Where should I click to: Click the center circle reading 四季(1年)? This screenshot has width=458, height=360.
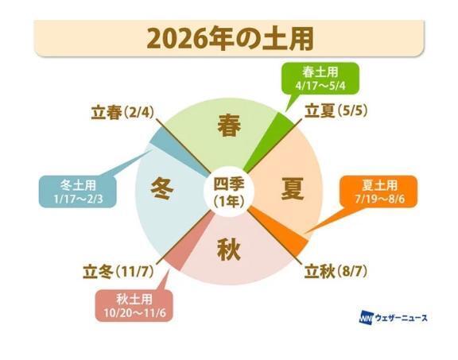click(229, 191)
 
